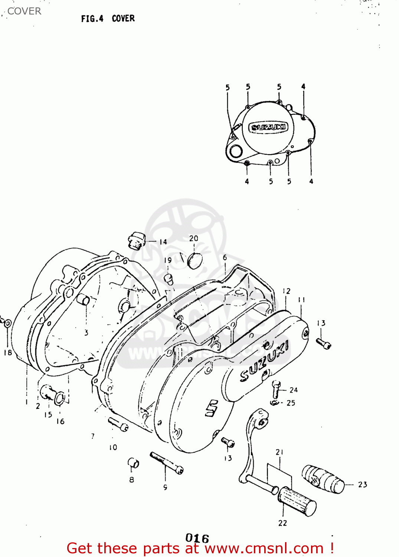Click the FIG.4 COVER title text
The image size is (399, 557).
[x=108, y=19]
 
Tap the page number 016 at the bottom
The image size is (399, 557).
[x=197, y=538]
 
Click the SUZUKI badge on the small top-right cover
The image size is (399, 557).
[x=268, y=127]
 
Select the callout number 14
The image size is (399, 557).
[x=163, y=242]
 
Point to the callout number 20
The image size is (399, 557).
[x=194, y=238]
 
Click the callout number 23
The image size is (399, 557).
[x=362, y=485]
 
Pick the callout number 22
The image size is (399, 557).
[x=282, y=523]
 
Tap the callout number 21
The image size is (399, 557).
[x=279, y=452]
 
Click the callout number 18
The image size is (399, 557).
[x=8, y=352]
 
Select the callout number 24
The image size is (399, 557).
[x=293, y=390]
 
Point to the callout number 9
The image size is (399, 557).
[x=165, y=487]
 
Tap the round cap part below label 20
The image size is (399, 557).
[x=194, y=260]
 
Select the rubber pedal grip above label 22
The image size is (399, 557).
[x=297, y=502]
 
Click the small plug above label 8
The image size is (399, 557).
[x=133, y=463]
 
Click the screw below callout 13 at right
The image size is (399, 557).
[x=323, y=343]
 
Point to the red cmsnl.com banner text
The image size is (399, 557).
[x=200, y=548]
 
